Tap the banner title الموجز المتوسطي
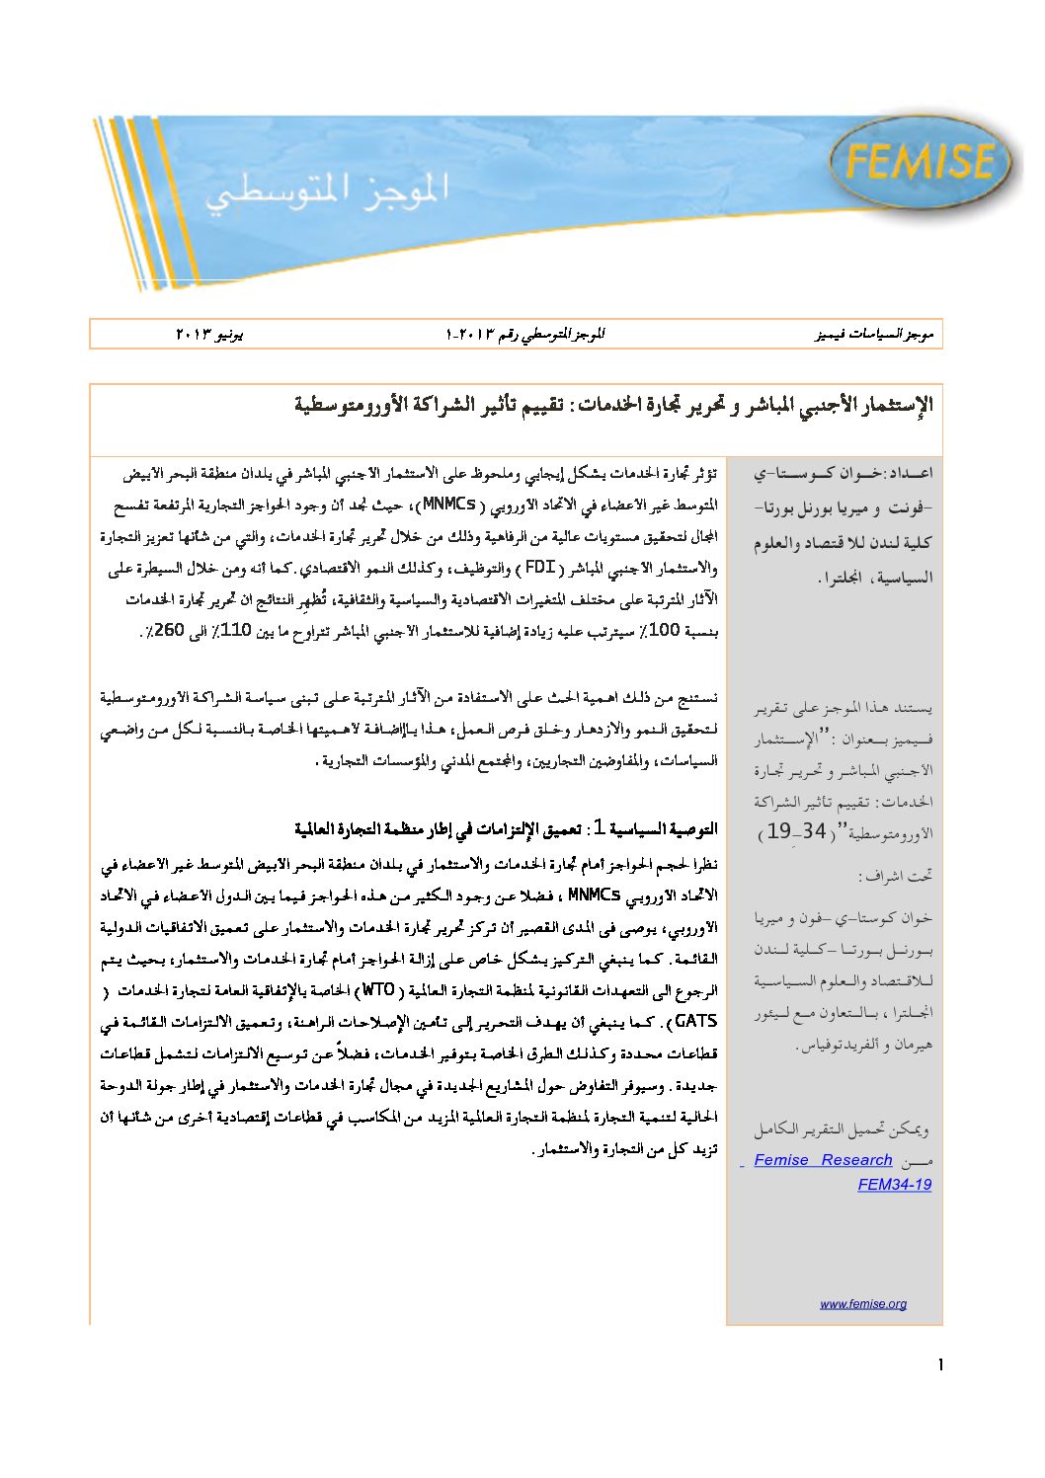[x=327, y=189]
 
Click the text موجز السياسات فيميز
[x=874, y=335]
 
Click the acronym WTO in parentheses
[x=378, y=989]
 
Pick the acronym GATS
[x=695, y=1021]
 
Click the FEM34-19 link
[x=894, y=1185]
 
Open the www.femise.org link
[x=862, y=1303]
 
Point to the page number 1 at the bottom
[x=940, y=1364]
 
